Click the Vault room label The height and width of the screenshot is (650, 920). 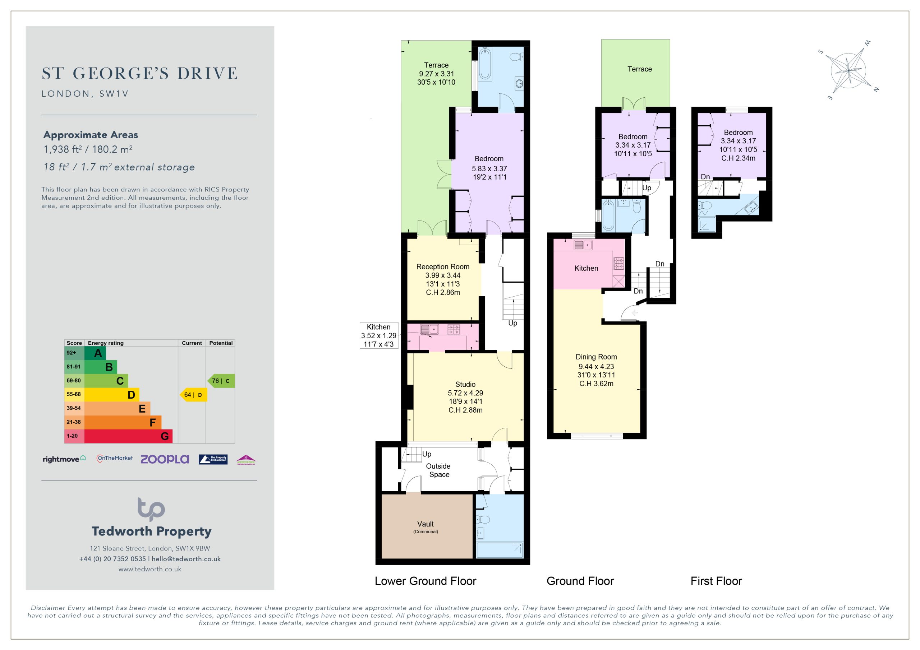[425, 524]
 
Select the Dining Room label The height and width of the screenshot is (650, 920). [596, 357]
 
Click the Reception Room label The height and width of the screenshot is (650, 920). [443, 267]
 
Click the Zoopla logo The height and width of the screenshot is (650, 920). [165, 459]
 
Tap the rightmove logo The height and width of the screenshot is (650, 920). [64, 459]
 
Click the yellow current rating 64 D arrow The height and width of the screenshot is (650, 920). [193, 395]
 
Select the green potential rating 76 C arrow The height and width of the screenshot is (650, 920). [221, 381]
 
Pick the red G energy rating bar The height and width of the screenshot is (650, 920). [128, 436]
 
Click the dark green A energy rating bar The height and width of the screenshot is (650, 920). [95, 353]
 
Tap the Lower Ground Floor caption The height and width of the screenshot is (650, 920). [425, 581]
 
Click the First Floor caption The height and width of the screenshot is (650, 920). [716, 581]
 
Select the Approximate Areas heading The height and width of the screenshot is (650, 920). [91, 135]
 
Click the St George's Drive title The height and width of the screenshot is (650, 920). [139, 73]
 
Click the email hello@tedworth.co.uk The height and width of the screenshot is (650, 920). [186, 559]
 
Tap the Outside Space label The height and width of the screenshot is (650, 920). [438, 470]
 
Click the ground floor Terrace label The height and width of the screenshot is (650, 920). [640, 69]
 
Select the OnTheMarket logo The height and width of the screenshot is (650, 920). [115, 459]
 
